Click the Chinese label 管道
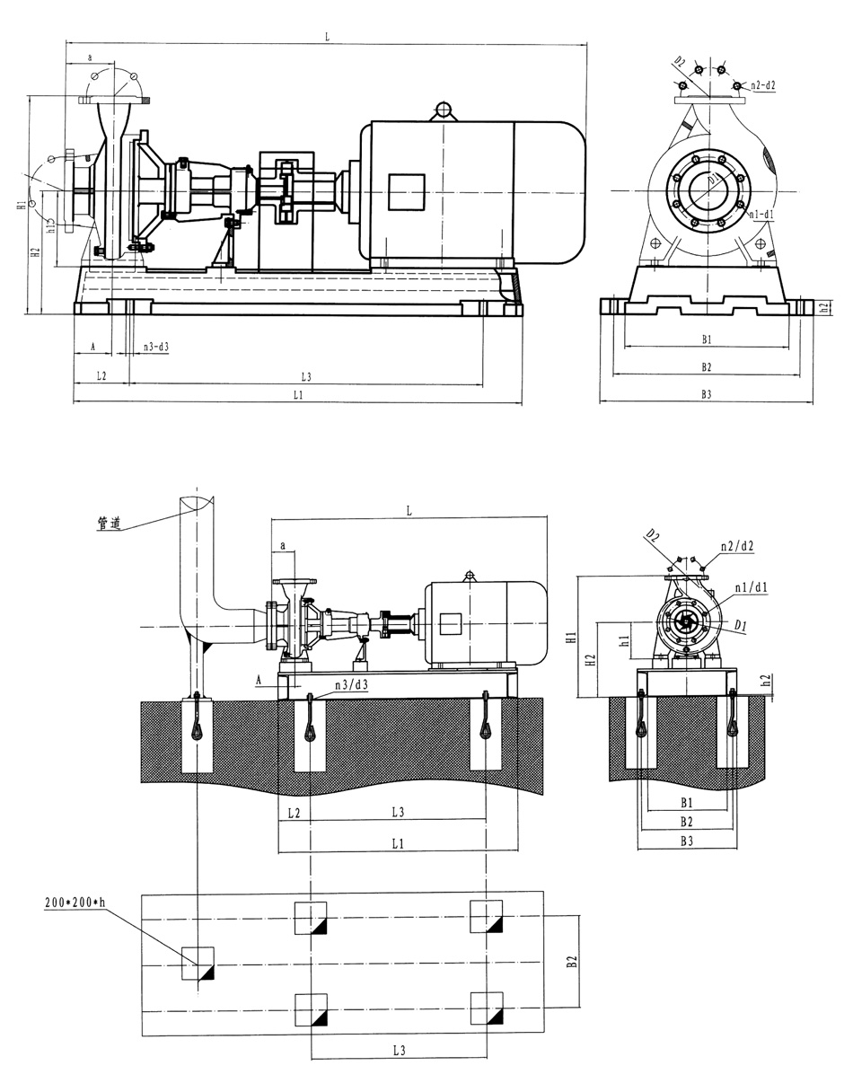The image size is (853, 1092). [109, 522]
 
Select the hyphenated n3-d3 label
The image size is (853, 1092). [156, 346]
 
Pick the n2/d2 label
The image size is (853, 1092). [734, 545]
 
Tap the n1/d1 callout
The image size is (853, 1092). [751, 587]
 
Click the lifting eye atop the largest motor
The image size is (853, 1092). [442, 110]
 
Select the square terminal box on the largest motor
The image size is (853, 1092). [405, 192]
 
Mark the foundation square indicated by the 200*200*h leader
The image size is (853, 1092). [198, 963]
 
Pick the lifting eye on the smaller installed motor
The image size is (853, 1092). [469, 575]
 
